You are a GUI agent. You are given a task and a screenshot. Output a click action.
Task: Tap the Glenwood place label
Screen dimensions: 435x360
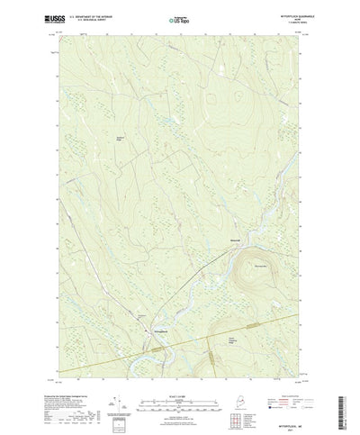pyautogui.click(x=232, y=240)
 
